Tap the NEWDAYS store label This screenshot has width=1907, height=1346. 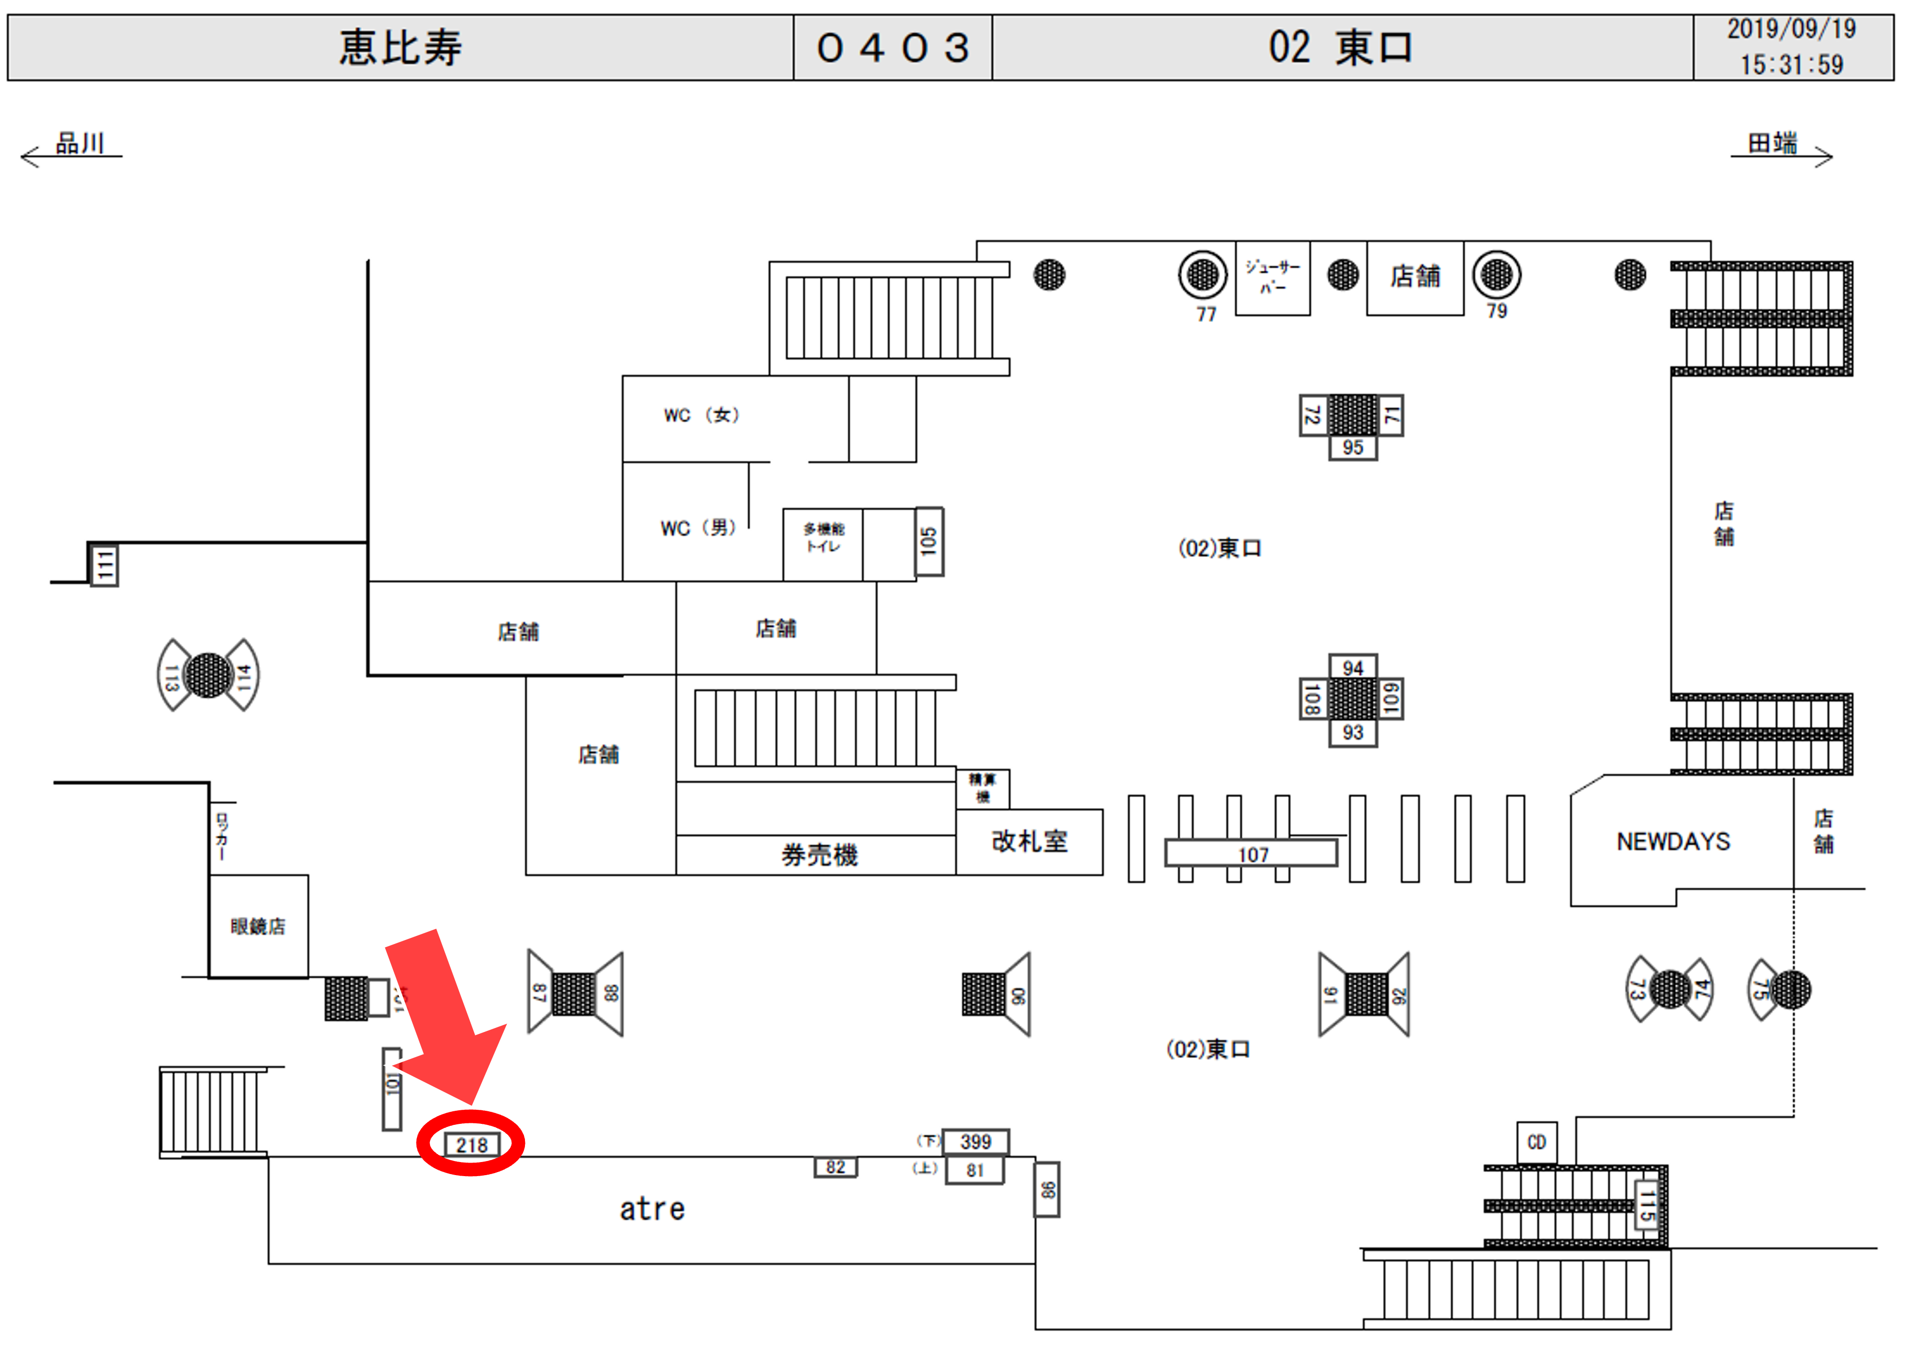[x=1673, y=842]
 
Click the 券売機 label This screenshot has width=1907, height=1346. [x=818, y=855]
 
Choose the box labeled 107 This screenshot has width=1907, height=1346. [x=1252, y=854]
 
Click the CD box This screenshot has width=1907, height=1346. [x=1537, y=1142]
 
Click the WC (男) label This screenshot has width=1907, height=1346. [x=698, y=528]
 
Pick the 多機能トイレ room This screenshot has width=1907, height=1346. [x=822, y=538]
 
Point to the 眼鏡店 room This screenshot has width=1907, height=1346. [x=258, y=926]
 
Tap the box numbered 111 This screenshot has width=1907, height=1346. [x=104, y=565]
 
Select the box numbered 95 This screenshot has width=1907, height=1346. [x=1352, y=448]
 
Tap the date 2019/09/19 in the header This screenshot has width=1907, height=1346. [x=1791, y=29]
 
